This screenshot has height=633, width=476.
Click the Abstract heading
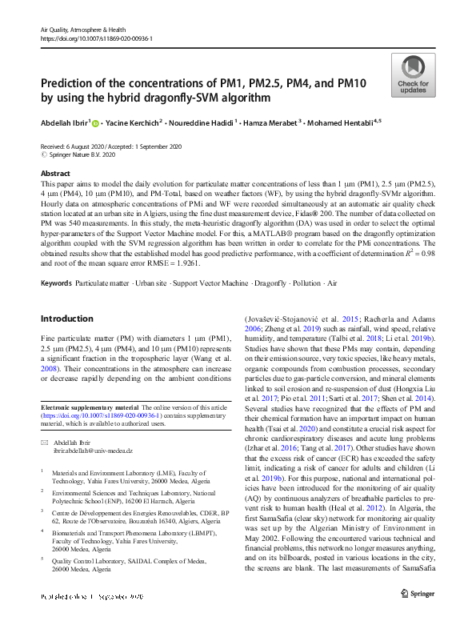[x=54, y=173]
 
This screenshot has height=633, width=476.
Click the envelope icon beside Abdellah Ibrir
[x=45, y=442]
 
